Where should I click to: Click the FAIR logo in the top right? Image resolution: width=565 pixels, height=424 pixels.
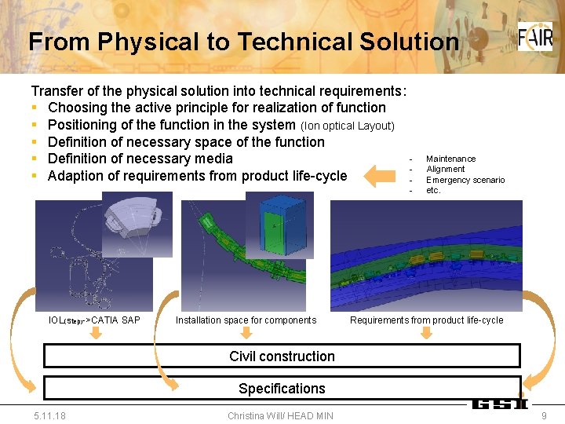[534, 37]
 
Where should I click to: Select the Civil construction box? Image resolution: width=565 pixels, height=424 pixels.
[282, 356]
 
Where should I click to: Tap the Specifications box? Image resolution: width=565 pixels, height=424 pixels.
[282, 388]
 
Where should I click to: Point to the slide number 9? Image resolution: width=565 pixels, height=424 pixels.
[544, 415]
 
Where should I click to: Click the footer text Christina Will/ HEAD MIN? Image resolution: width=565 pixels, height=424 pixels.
[280, 415]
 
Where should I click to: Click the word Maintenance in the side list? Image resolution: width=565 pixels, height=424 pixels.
[450, 159]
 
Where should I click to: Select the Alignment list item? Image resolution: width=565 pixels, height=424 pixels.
[445, 169]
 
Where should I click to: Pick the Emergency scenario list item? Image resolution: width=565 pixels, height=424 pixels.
[465, 180]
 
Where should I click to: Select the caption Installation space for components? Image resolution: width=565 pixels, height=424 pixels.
[246, 320]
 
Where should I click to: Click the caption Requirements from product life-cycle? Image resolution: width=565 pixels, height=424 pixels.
[426, 320]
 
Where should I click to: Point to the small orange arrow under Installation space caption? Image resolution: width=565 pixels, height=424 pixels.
[246, 334]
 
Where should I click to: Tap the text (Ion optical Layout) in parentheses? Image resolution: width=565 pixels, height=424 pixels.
[348, 126]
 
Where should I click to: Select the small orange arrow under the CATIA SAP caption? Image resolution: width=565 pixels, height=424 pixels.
[94, 334]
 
